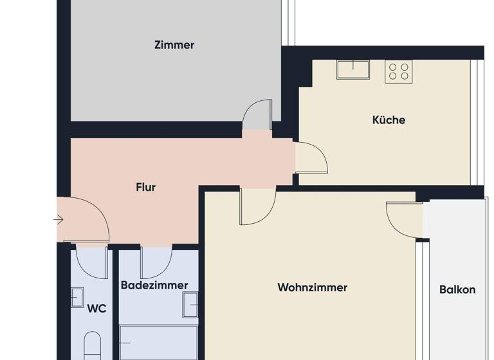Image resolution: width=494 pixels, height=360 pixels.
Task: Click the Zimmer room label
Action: point(174,45)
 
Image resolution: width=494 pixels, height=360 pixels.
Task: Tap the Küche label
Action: point(389,120)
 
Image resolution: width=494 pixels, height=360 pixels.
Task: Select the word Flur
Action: point(146,188)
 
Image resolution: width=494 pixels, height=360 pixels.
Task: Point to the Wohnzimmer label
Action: point(313,287)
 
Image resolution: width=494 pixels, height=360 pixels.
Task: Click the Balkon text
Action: point(457,289)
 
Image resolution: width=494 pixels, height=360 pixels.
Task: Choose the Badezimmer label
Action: point(154,285)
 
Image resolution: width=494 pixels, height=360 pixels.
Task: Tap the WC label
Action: point(96,309)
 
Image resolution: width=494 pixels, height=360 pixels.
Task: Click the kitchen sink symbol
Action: point(352,69)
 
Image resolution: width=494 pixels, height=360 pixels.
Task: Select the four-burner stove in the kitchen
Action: point(398,71)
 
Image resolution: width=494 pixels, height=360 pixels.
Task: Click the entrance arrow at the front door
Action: point(59,220)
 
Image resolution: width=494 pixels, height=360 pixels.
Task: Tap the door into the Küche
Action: point(311,158)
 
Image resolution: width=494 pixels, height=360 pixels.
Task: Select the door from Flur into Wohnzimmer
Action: point(257,206)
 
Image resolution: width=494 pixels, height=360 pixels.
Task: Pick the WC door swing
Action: point(91,260)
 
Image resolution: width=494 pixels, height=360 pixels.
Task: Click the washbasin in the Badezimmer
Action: point(190,305)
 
